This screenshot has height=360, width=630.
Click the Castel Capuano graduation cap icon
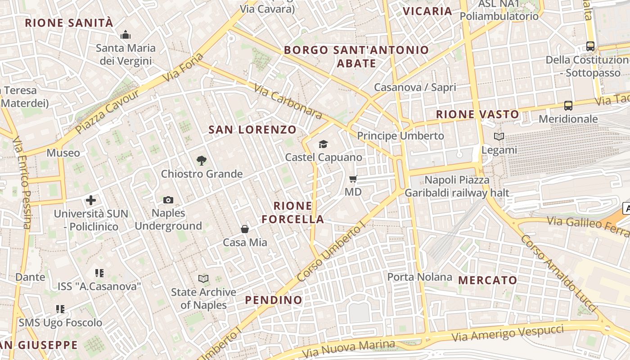coord(323,144)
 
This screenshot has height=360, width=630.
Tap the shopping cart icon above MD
coord(353,179)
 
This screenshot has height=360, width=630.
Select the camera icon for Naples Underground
coord(168,200)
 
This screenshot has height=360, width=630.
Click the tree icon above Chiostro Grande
coord(202,160)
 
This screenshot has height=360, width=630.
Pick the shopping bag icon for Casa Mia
coord(245,229)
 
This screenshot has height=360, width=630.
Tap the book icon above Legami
coord(499,136)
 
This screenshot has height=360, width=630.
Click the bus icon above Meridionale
coord(568,106)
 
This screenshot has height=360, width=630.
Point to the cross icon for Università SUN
coord(91,200)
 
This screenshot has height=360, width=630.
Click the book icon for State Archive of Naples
coord(203,279)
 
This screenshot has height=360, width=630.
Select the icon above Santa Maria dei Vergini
coord(126,34)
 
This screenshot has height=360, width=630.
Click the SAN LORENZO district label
coord(252,130)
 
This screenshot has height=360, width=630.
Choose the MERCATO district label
coord(488,280)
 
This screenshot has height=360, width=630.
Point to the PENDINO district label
coord(274,300)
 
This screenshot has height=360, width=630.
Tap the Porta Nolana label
coord(419,277)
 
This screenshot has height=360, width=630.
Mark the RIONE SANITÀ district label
coord(69,23)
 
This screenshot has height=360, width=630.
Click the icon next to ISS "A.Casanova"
coord(99,273)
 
